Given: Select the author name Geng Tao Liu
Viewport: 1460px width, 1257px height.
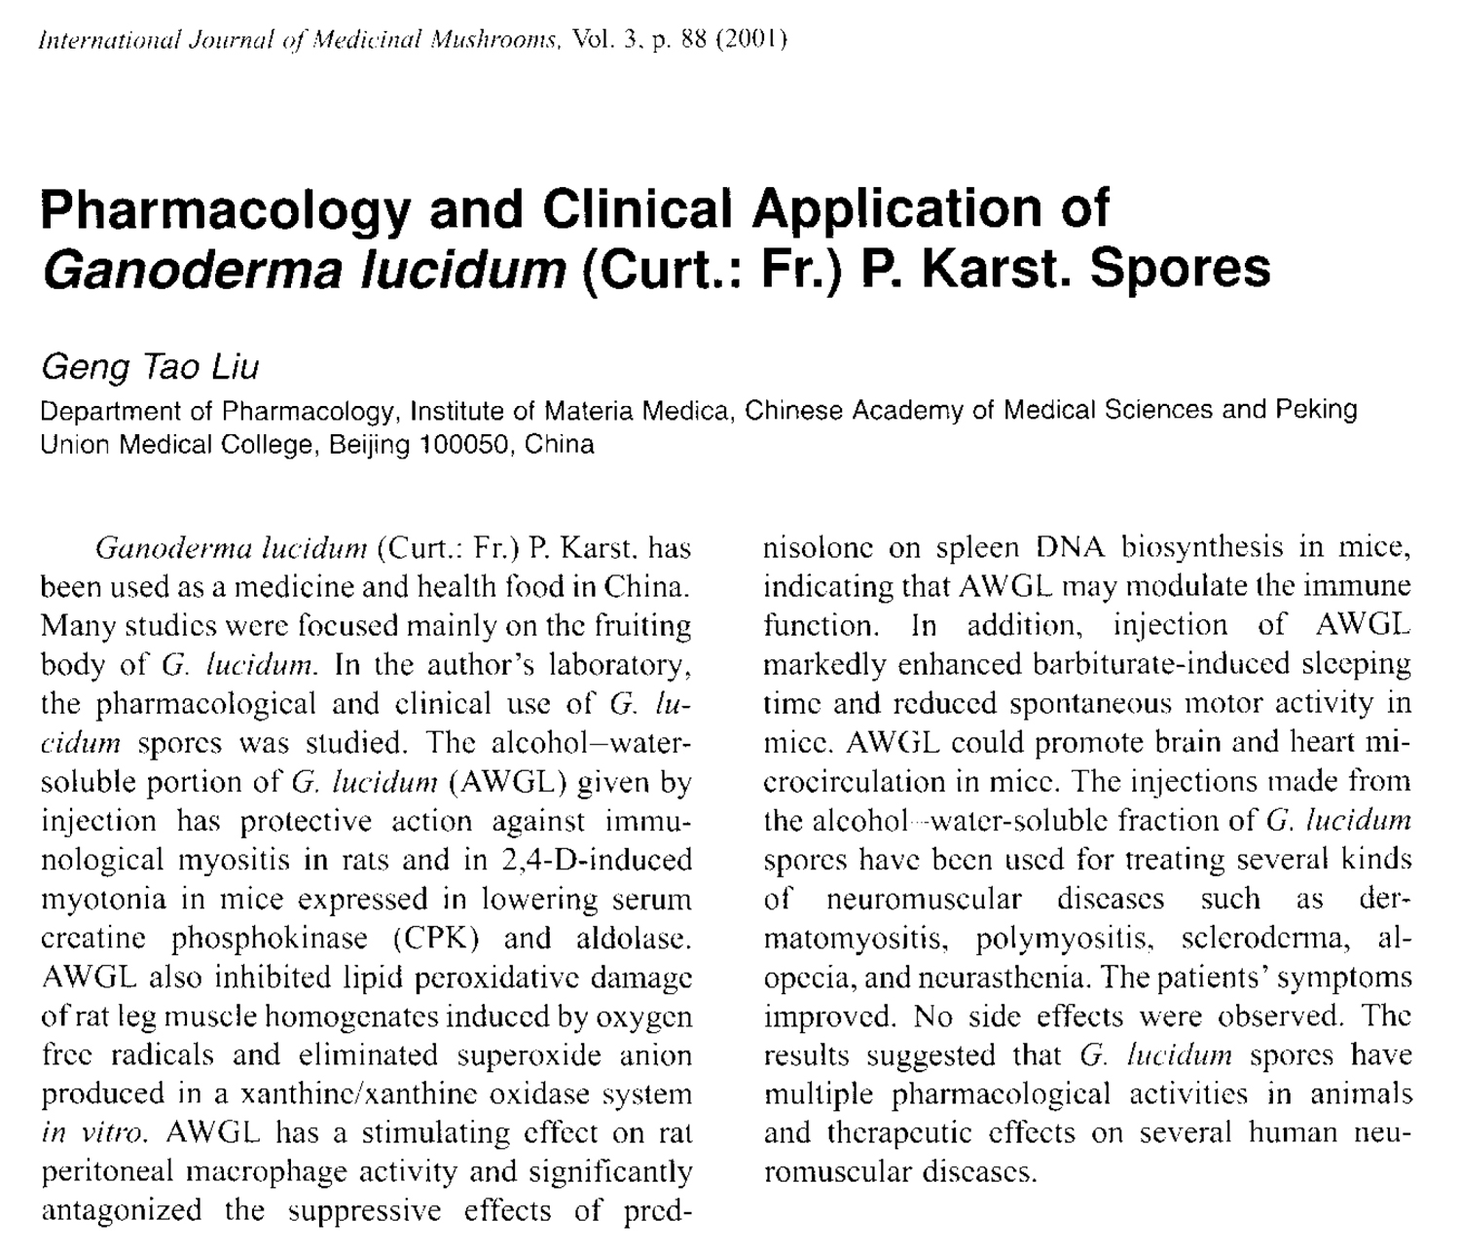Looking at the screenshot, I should click(x=150, y=367).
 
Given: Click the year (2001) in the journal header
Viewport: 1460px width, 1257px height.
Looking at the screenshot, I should click(x=750, y=40).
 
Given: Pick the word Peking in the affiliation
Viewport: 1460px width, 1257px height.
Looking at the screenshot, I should click(x=1315, y=409).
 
